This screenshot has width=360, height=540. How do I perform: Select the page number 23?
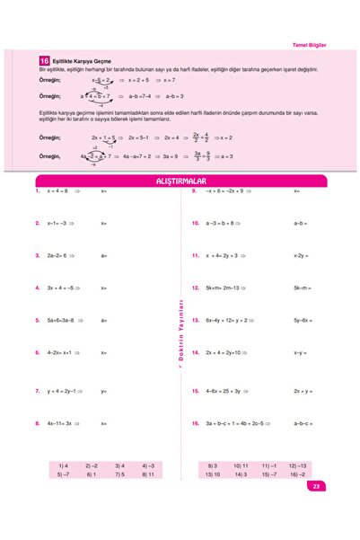(316, 486)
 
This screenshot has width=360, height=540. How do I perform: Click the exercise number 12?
(195, 288)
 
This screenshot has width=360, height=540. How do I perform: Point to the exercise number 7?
(37, 391)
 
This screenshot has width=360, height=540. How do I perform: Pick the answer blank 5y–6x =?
(303, 320)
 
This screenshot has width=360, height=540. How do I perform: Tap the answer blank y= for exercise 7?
(104, 391)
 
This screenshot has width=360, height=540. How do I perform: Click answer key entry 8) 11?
(148, 474)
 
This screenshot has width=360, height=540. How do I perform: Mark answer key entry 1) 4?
(63, 465)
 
